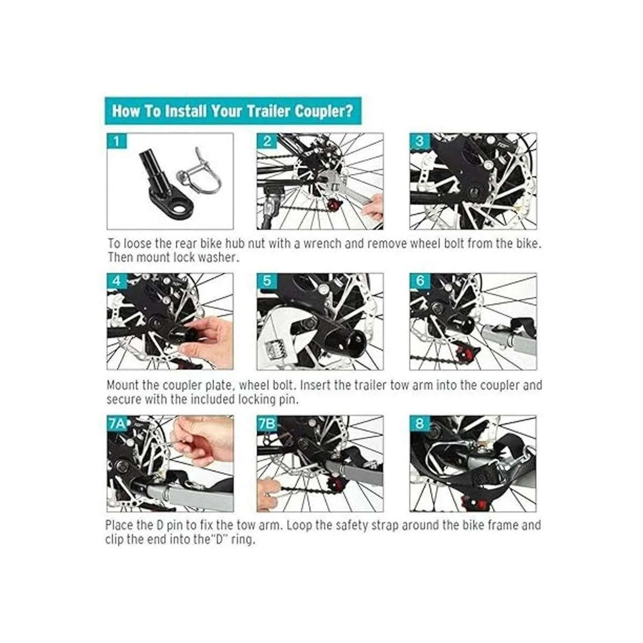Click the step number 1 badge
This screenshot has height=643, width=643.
click(x=116, y=141)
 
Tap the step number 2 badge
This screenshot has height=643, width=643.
click(x=267, y=141)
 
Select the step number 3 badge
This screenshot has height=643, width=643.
click(x=420, y=141)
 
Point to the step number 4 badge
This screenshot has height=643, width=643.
click(x=116, y=281)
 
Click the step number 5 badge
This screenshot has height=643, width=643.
click(x=267, y=281)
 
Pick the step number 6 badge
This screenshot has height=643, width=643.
click(x=420, y=281)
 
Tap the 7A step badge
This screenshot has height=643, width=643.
click(x=117, y=424)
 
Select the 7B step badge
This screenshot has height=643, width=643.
click(x=267, y=424)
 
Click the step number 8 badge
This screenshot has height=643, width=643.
click(x=420, y=424)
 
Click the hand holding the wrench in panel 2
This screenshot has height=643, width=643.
click(x=372, y=208)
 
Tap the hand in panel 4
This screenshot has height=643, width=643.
click(x=207, y=341)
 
